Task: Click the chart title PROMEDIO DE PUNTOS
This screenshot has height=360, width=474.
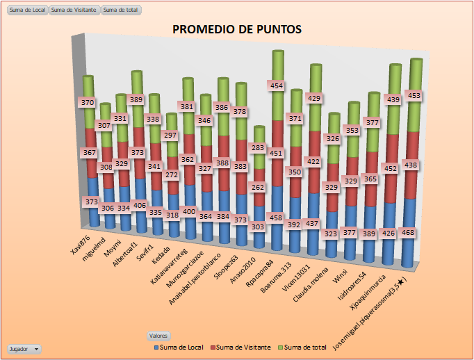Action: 236,29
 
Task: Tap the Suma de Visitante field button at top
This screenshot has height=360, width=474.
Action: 74,10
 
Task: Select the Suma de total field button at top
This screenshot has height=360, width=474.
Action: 121,10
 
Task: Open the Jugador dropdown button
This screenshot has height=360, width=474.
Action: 24,349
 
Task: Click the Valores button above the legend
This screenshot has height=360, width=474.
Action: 158,335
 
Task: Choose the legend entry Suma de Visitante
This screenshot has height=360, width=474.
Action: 240,346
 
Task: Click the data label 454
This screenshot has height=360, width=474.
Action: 277,85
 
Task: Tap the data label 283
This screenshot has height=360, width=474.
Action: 259,148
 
